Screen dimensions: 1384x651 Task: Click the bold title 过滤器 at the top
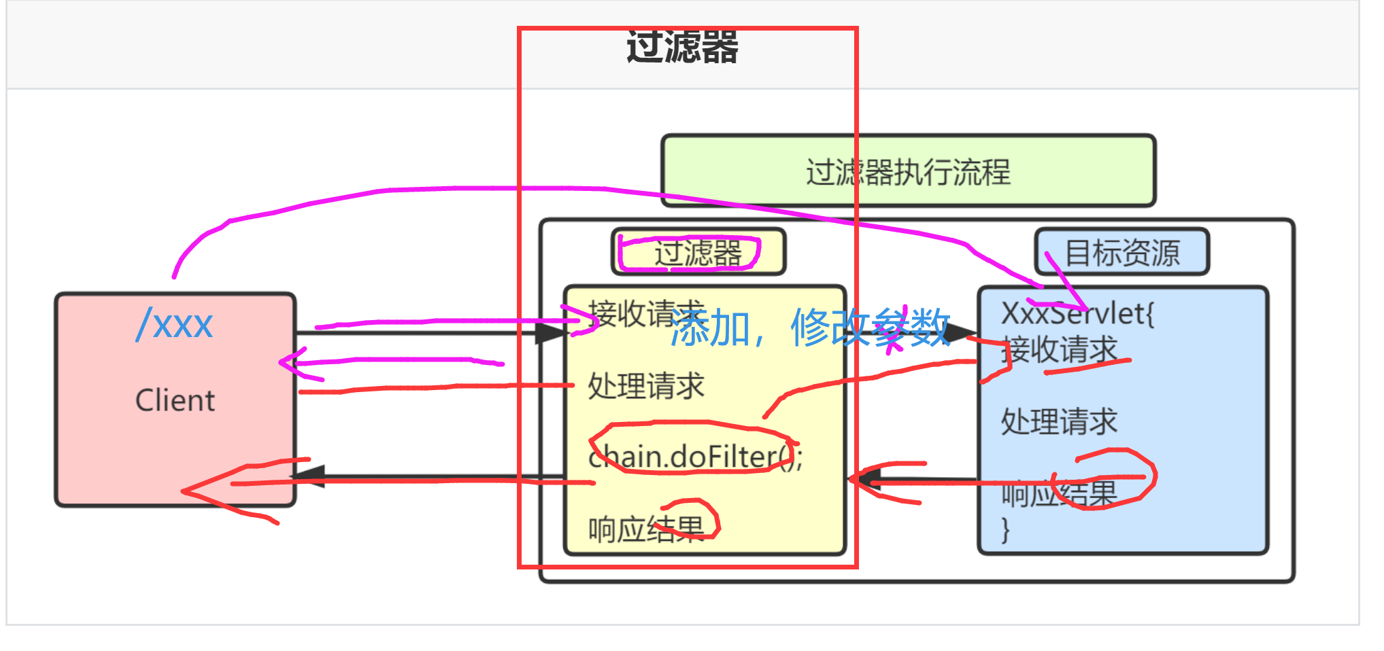(682, 48)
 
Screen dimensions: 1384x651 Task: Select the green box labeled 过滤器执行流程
(908, 171)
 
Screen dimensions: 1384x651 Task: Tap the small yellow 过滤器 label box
(698, 253)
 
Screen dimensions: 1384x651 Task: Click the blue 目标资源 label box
(1121, 252)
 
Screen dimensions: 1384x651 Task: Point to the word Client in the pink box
(175, 400)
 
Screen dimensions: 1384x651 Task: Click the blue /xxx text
(175, 324)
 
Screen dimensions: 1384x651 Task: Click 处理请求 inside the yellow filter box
(645, 386)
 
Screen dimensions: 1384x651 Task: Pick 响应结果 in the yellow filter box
(645, 529)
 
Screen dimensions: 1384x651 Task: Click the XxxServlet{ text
(1077, 313)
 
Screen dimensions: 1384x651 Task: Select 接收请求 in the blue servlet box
(1059, 350)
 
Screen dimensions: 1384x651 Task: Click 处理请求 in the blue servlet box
(1059, 421)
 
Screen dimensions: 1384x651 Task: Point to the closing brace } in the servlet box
(1005, 529)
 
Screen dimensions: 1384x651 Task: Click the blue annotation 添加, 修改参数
(809, 328)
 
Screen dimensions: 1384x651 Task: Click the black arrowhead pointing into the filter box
(551, 333)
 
